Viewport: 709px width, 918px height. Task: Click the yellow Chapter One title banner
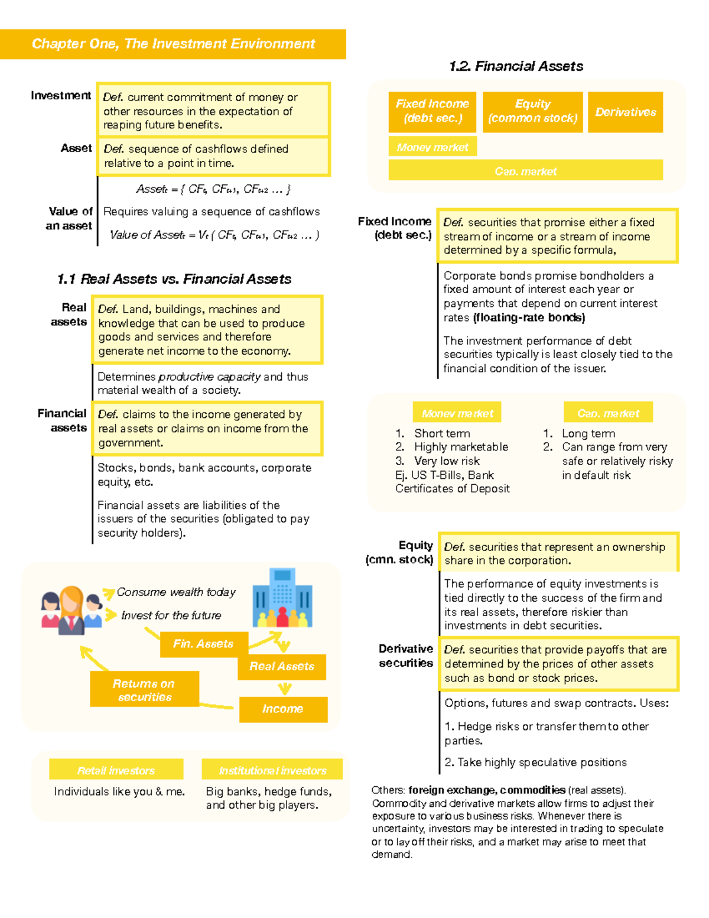(x=173, y=44)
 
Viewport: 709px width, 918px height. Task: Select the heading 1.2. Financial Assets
(x=516, y=66)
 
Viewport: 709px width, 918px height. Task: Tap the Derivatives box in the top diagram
(x=625, y=112)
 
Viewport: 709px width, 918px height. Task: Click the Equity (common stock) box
(x=532, y=112)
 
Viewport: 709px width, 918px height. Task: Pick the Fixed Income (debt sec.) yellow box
(x=432, y=112)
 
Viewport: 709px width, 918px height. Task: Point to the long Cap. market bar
(x=525, y=171)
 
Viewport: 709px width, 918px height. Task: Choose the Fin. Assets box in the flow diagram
(x=203, y=644)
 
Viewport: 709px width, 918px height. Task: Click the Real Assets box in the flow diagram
(x=281, y=667)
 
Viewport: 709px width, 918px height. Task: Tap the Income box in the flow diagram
(x=282, y=709)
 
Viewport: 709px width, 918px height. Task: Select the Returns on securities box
(x=144, y=690)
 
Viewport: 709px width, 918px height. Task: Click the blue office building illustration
(x=282, y=598)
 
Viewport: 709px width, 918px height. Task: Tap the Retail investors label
(x=116, y=770)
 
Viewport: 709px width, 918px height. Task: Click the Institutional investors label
(x=272, y=770)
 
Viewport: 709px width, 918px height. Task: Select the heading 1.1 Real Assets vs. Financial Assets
(x=174, y=279)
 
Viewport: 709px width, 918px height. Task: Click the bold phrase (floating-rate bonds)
(x=529, y=318)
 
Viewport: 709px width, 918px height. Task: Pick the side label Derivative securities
(x=406, y=656)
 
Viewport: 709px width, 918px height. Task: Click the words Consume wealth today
(x=176, y=592)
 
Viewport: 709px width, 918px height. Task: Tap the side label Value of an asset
(x=70, y=219)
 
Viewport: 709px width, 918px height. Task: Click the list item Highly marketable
(x=461, y=447)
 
